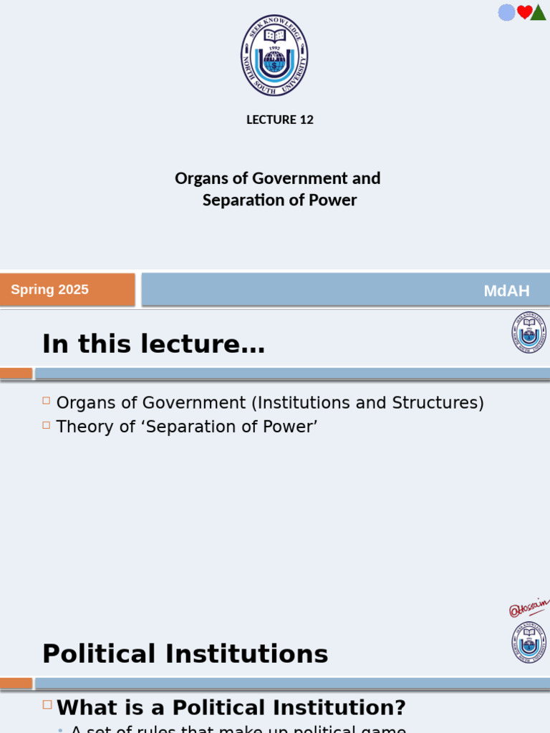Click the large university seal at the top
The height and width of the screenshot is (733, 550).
274,55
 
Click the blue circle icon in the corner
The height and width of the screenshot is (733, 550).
507,12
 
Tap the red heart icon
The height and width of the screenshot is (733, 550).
525,12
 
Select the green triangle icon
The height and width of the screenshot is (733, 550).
539,12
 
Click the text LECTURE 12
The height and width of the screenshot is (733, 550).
280,120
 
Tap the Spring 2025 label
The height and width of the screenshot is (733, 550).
50,290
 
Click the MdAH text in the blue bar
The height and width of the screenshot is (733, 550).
506,291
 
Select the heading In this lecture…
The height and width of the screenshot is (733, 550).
153,344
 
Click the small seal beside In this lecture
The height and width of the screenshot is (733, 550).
529,332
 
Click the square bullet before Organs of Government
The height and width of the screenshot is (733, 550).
47,401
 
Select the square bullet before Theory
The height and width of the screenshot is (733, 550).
47,424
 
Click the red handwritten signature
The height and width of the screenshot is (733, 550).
529,608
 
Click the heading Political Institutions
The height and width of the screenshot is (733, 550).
185,654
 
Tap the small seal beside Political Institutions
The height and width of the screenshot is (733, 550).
529,642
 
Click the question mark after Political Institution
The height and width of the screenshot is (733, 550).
400,708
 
